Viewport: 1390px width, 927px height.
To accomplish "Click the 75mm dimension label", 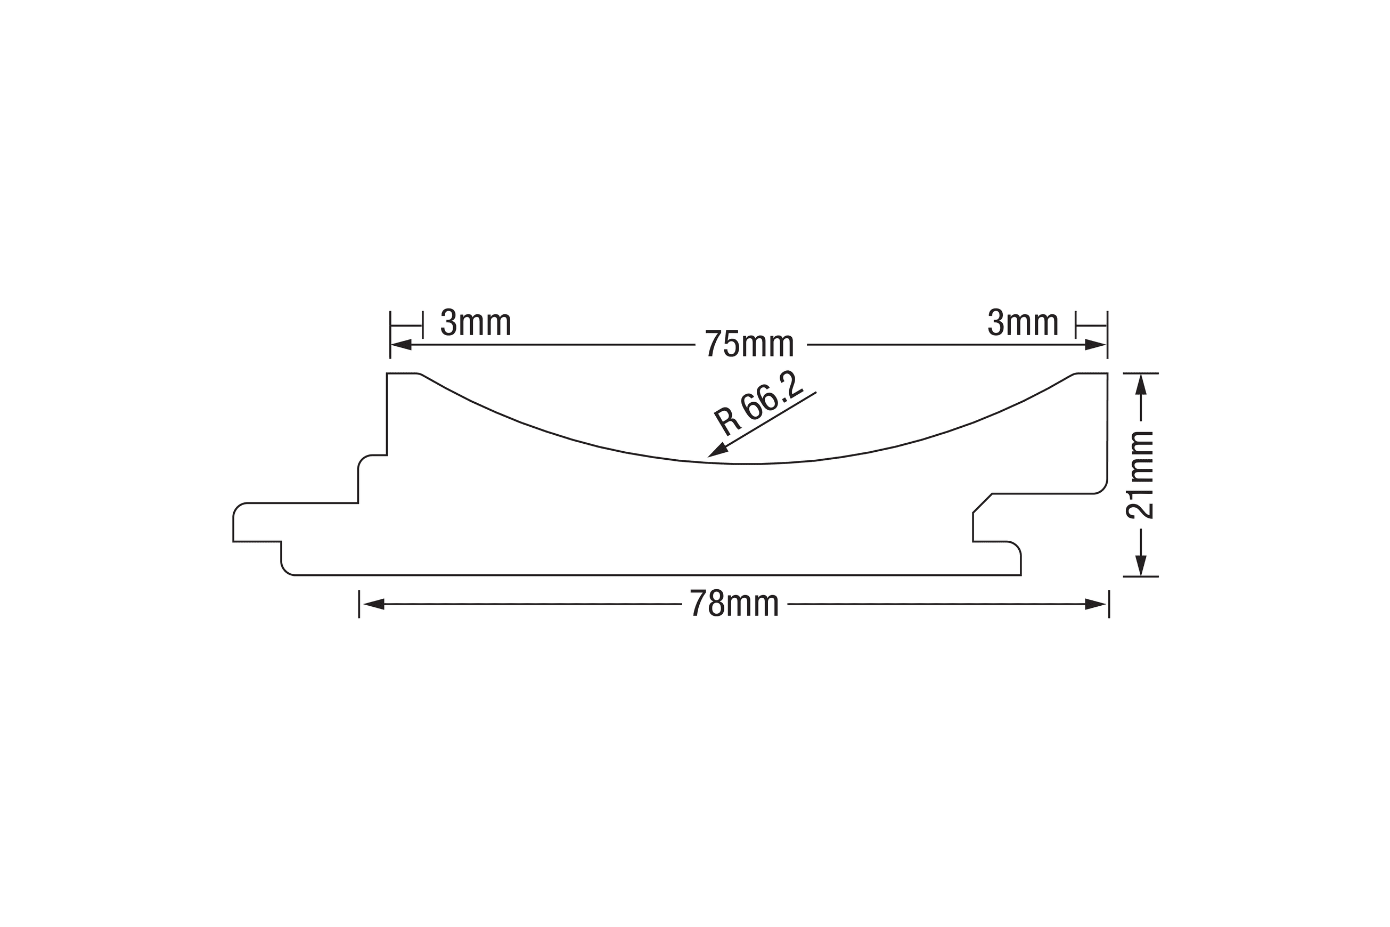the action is (x=749, y=344).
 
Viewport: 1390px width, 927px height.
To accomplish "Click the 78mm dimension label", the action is (x=734, y=604).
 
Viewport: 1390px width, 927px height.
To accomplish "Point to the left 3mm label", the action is (x=476, y=323).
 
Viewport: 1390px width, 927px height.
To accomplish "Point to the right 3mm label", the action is (x=1023, y=323).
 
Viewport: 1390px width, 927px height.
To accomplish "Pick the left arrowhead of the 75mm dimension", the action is (x=401, y=345).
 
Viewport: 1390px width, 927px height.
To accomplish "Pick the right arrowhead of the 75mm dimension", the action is (x=1095, y=345).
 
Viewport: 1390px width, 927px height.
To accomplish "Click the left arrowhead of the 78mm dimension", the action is (x=373, y=604).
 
